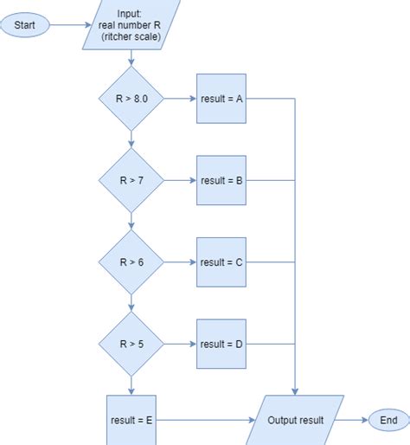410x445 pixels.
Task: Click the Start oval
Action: [x=25, y=25]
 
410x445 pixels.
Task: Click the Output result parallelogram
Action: [x=297, y=420]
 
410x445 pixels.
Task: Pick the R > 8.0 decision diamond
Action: [x=131, y=99]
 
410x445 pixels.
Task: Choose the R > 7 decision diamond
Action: [x=131, y=181]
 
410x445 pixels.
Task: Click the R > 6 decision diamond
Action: [x=131, y=262]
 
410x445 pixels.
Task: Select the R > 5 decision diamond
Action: [x=131, y=344]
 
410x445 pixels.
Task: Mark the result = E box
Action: [x=131, y=420]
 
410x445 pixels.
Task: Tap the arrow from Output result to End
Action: [x=350, y=420]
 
